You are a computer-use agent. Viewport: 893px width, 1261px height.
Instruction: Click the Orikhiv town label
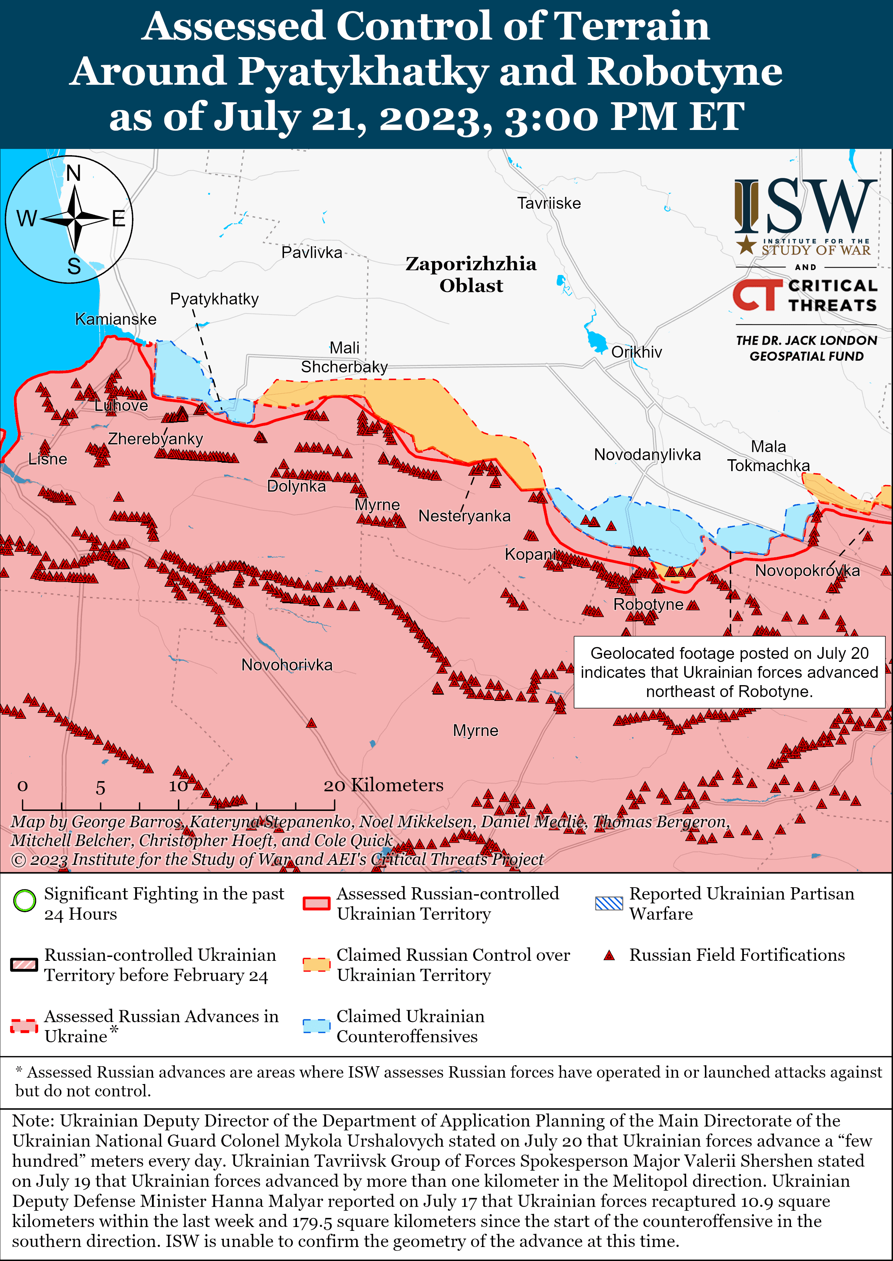tap(636, 352)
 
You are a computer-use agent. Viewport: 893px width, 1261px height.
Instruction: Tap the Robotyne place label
tap(648, 604)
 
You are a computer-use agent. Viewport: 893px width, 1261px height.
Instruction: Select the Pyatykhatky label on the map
tap(214, 299)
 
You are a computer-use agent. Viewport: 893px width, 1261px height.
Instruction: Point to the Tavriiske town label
tap(549, 204)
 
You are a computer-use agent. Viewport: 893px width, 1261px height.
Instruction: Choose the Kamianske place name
tap(116, 319)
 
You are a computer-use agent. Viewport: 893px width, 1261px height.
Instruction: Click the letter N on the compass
tap(74, 174)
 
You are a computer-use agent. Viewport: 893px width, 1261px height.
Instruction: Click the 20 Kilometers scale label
tap(383, 785)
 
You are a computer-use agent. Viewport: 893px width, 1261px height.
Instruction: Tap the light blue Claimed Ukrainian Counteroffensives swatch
tap(316, 1026)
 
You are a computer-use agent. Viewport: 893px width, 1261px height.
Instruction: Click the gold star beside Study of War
tap(746, 245)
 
